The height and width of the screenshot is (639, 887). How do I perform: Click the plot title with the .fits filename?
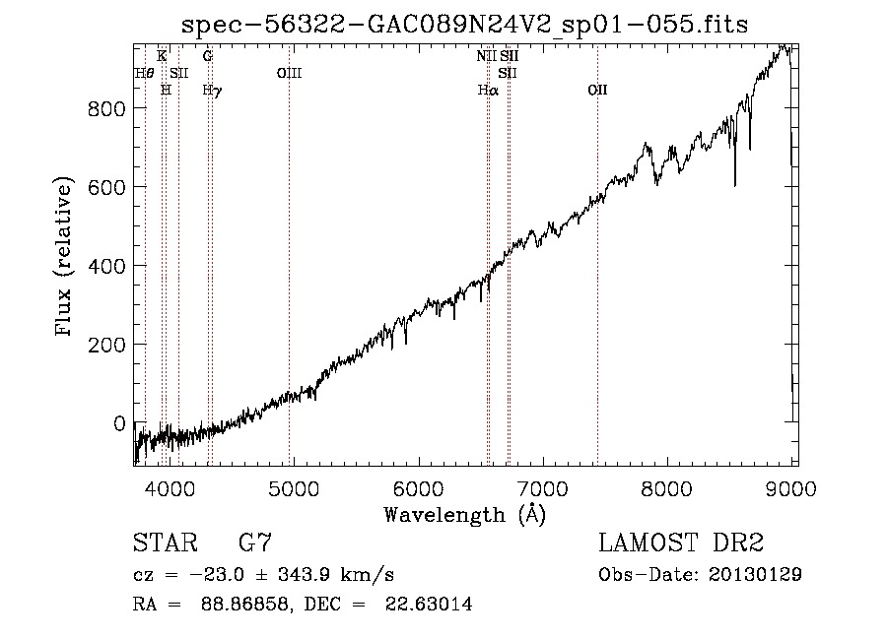(464, 25)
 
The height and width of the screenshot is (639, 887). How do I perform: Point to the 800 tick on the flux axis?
(106, 108)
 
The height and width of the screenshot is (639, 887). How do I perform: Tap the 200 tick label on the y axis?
(106, 345)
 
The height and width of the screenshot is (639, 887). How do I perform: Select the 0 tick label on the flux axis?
(119, 423)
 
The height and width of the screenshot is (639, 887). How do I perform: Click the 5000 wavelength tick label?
(294, 488)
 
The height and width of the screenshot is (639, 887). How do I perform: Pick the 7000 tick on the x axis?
(543, 488)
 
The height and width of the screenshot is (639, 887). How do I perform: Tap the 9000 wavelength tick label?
(790, 488)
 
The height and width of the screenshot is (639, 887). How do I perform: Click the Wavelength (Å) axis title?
(465, 515)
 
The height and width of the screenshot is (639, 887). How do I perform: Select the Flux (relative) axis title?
(64, 256)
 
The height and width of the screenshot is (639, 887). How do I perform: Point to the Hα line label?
(488, 91)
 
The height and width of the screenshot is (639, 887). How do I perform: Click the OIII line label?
(289, 74)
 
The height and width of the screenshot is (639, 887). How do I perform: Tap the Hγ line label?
(212, 91)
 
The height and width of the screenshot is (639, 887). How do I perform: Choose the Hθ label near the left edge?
(144, 74)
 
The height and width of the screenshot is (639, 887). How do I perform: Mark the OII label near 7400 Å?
(597, 91)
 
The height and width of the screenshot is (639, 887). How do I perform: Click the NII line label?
(486, 56)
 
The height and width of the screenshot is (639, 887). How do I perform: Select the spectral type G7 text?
(255, 543)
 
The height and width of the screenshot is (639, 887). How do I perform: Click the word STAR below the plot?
(166, 543)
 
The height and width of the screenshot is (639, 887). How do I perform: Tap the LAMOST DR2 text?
(681, 543)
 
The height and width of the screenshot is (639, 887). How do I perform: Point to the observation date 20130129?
(755, 575)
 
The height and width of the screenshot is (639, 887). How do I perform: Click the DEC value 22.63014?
(429, 604)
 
